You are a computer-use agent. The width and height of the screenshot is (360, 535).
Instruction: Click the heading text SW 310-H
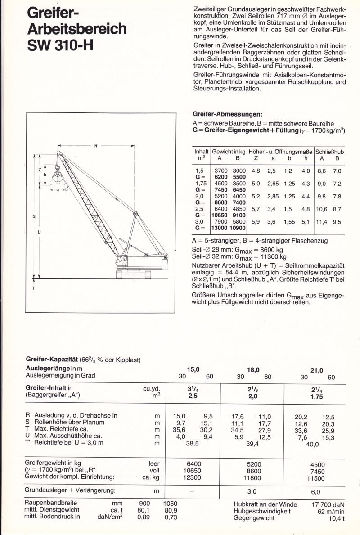coord(60,45)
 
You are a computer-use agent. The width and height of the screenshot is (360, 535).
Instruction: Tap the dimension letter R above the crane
coord(96,145)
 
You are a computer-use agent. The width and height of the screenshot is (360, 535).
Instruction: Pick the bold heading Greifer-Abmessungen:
coord(227,114)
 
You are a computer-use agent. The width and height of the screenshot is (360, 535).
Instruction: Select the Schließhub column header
coord(329,152)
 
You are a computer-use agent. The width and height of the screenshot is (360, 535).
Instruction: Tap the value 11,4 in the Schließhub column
coord(322,222)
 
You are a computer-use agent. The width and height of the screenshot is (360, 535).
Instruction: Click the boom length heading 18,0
coord(253,369)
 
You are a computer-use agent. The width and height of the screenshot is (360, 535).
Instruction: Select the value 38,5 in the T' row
coord(193,444)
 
